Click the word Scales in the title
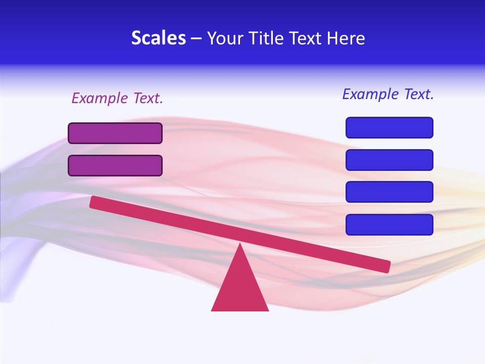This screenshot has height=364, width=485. [158, 38]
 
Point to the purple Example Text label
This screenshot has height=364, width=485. [117, 98]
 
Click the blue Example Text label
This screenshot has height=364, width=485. [388, 94]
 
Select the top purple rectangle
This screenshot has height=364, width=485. [115, 133]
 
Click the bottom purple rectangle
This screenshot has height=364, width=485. [115, 165]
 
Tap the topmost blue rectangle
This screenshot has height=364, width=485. [390, 127]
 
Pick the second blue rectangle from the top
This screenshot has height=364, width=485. [390, 160]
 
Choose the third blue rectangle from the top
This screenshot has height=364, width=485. [390, 192]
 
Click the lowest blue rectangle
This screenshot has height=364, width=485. [390, 224]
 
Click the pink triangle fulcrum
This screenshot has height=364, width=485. [239, 288]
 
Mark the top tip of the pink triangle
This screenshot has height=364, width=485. [240, 245]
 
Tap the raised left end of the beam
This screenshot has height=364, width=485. [94, 202]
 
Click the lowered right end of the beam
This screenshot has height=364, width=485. [385, 266]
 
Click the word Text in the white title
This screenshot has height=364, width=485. [306, 38]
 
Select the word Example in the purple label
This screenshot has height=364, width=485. [101, 98]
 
